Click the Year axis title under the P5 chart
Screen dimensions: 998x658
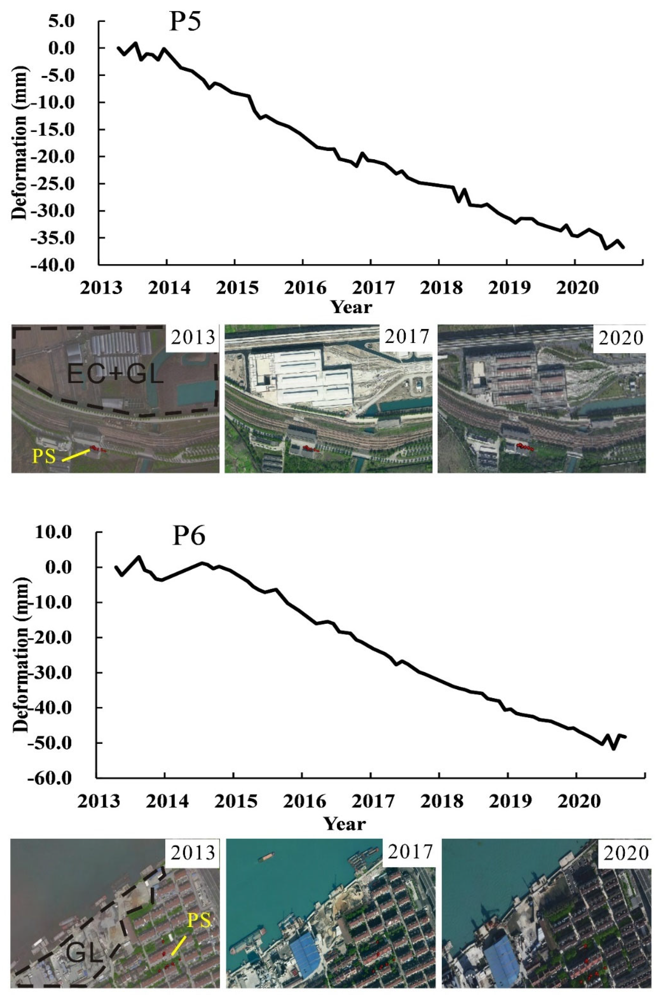pos(352,307)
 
